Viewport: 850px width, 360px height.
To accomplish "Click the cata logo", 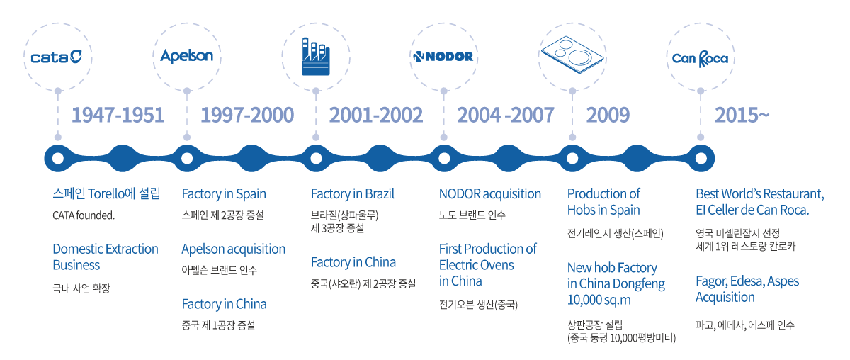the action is [x=56, y=57].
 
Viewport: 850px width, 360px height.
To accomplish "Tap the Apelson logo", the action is [x=187, y=56].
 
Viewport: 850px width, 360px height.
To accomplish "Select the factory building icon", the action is [x=316, y=56].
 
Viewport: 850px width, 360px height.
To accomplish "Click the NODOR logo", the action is [x=443, y=57].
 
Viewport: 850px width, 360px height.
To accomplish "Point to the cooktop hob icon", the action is [x=572, y=55].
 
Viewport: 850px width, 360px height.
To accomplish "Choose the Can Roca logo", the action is [x=700, y=59].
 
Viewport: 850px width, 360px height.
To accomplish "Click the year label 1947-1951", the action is [x=118, y=115].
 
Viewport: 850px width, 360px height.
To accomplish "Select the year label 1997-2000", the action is [x=247, y=115].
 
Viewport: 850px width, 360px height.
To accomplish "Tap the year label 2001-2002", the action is [x=375, y=115].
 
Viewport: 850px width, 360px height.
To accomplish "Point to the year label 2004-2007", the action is [x=506, y=115].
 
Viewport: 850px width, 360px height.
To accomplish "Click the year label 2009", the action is [x=608, y=115].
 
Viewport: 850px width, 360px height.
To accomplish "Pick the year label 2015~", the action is [x=742, y=115].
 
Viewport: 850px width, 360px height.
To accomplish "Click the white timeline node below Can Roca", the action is [x=701, y=158].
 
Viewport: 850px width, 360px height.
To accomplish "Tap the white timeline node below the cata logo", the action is [x=57, y=158].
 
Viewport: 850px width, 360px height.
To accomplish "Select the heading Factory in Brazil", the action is [x=353, y=194].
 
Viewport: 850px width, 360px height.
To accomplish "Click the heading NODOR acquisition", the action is [x=490, y=194].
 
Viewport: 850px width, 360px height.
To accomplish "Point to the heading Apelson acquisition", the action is [x=233, y=249].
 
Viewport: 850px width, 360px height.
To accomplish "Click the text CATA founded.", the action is [x=84, y=215].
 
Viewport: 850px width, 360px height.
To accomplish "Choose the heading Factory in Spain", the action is [x=224, y=194].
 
